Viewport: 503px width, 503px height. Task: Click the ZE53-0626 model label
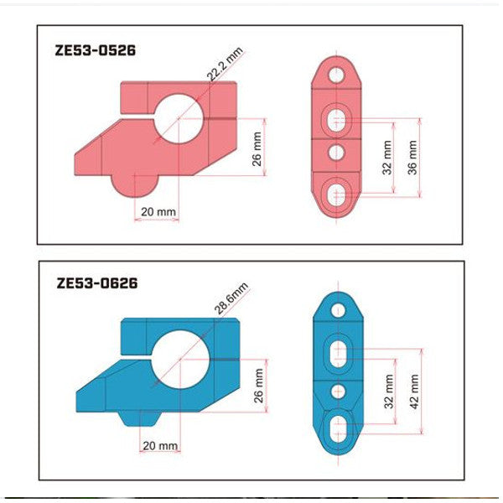[x=96, y=283]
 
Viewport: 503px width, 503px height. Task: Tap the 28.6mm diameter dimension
[x=232, y=299]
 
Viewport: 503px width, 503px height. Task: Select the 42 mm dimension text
[x=412, y=392]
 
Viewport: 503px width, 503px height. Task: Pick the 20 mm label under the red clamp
[x=158, y=212]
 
